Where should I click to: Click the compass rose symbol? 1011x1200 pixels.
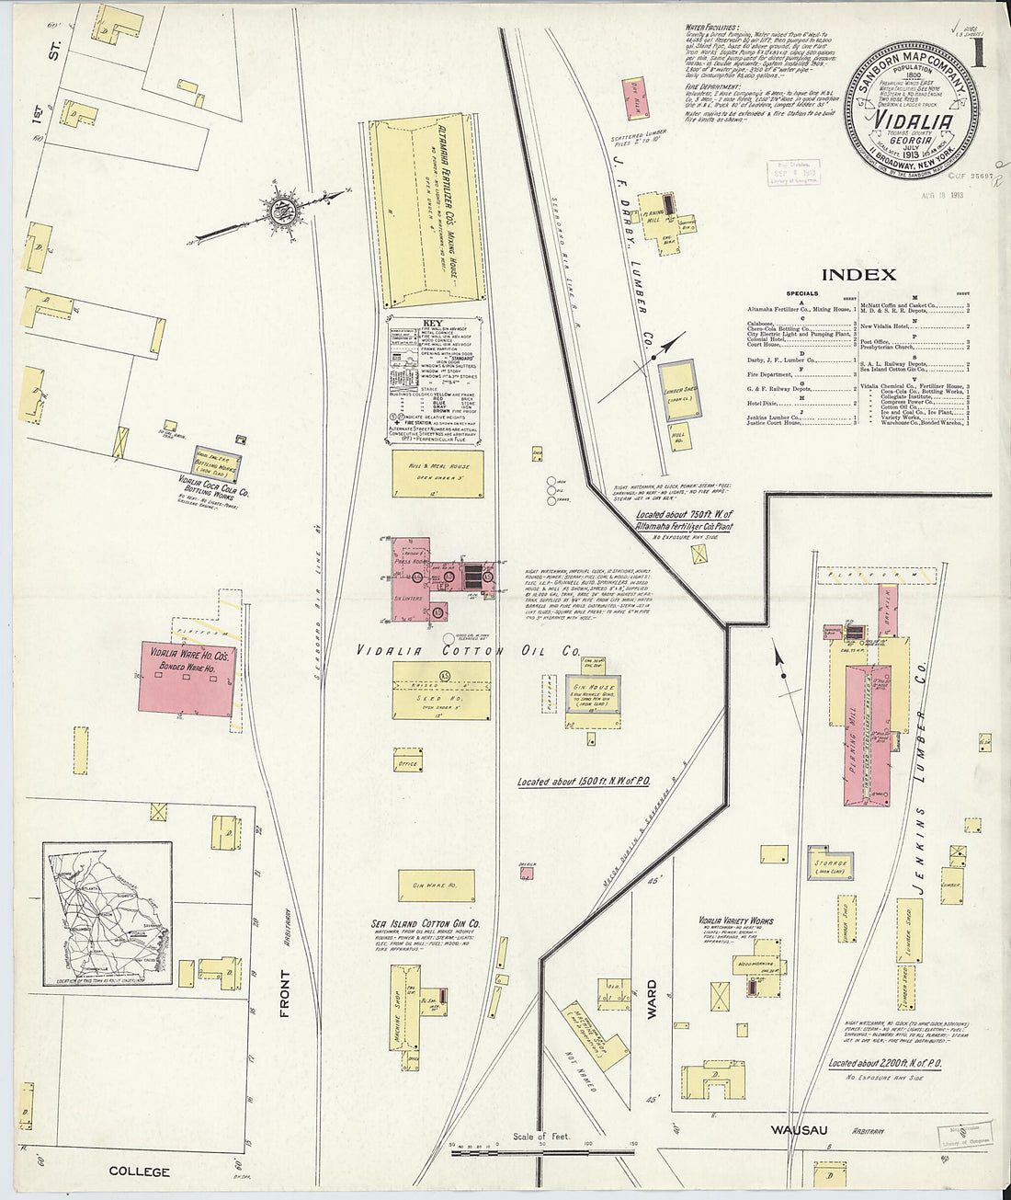click(x=284, y=211)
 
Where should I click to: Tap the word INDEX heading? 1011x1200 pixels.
click(x=858, y=274)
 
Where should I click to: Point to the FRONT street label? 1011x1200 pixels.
click(x=283, y=995)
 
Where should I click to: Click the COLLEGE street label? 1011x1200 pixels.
click(x=140, y=1171)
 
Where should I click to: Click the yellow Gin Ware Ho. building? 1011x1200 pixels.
click(x=436, y=885)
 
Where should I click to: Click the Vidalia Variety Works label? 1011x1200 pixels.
click(x=735, y=920)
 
